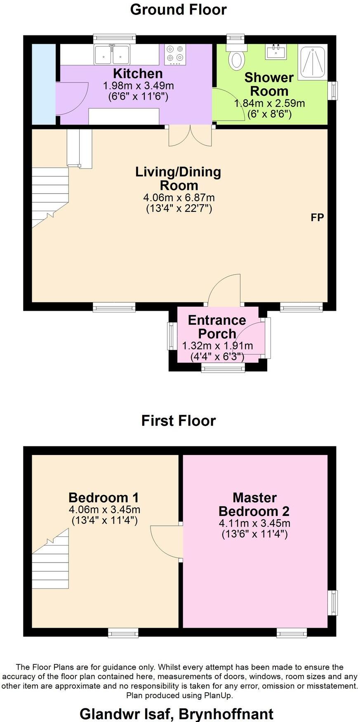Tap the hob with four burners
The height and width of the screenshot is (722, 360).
point(175,55)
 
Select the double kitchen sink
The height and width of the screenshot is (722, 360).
point(112,54)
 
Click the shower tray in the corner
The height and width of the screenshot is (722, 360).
point(313,62)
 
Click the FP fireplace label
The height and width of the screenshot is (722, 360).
point(317,218)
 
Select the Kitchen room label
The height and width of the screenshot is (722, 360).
point(138,74)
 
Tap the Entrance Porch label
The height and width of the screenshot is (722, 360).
point(217,327)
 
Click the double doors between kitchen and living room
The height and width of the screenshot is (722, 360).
point(191,136)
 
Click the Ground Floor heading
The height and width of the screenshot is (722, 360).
point(178,9)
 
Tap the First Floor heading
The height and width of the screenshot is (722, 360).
point(178,420)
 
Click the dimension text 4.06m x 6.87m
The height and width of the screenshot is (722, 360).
point(179,197)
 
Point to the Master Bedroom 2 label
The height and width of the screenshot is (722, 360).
point(254,504)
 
